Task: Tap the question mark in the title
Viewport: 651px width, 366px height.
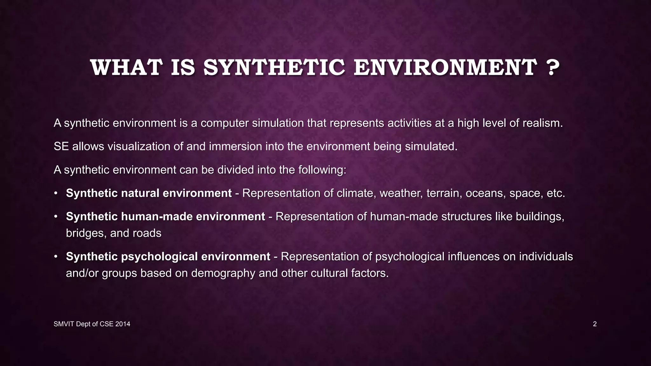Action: coord(553,68)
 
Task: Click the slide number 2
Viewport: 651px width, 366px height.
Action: coord(595,324)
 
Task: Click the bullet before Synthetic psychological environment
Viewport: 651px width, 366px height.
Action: coord(56,256)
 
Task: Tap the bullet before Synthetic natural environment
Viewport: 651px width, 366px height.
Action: coord(56,193)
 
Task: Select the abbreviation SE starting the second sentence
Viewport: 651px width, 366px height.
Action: coord(61,146)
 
